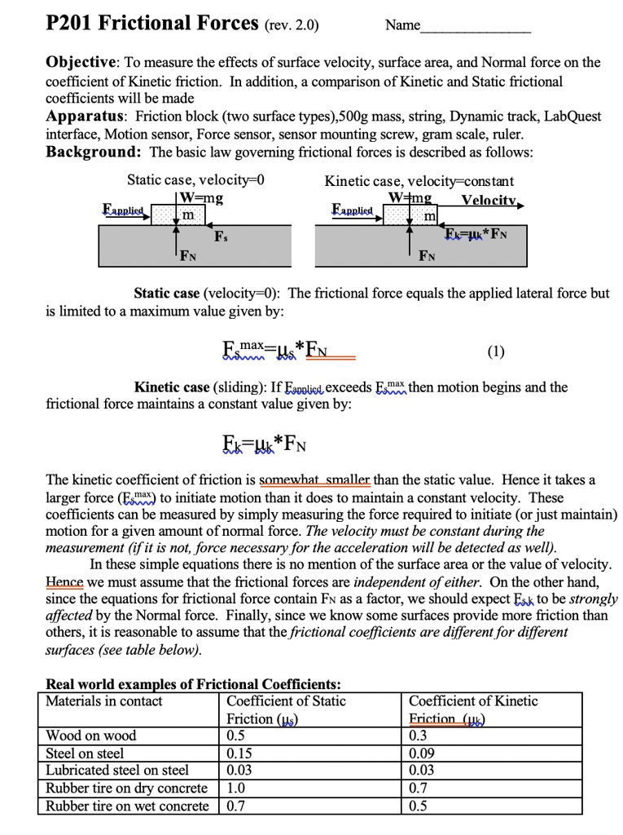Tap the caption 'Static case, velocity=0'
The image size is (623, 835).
(x=196, y=180)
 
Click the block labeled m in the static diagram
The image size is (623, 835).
(x=188, y=214)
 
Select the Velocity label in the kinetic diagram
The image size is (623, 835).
(x=489, y=201)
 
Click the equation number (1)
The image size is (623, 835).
(x=496, y=352)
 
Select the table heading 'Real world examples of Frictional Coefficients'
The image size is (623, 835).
(x=193, y=684)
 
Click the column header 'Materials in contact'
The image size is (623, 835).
(x=104, y=701)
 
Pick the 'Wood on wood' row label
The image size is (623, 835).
(x=91, y=736)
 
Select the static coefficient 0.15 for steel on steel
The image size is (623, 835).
(x=240, y=753)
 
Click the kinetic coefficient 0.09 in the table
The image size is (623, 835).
(x=424, y=753)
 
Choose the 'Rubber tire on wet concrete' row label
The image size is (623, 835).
(x=127, y=806)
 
